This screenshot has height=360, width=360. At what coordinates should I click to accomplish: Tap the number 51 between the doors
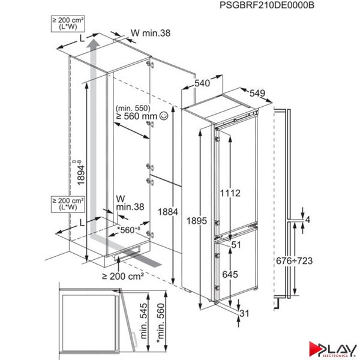click(x=236, y=244)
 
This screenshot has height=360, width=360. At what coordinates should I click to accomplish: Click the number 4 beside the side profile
click(x=308, y=220)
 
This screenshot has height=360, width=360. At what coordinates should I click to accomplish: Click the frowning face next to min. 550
click(x=151, y=123)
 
